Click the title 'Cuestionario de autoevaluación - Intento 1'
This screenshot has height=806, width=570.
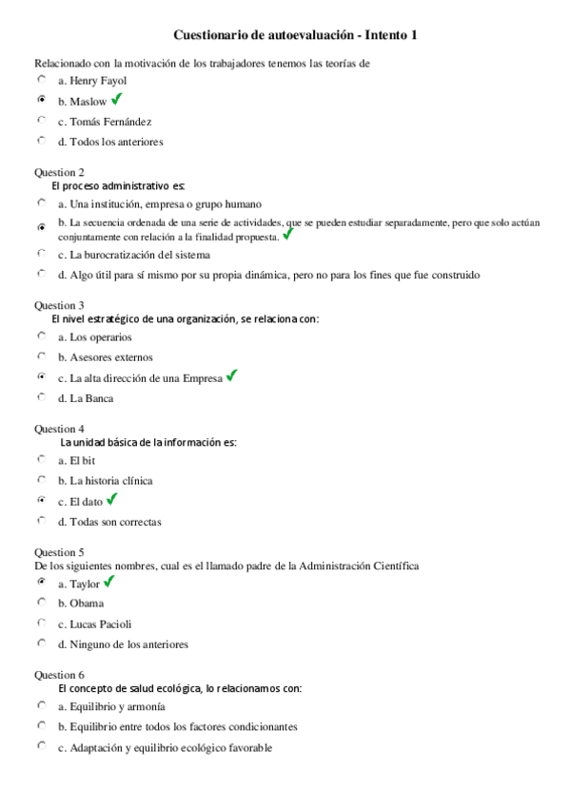click(296, 35)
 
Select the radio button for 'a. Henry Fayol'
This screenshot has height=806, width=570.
click(41, 80)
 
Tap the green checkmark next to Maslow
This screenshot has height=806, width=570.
click(117, 99)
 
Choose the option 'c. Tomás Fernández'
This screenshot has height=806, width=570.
click(104, 122)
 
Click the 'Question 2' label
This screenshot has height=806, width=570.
click(59, 173)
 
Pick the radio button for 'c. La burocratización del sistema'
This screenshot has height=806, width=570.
click(41, 254)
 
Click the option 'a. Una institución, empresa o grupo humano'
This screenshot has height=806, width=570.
click(159, 203)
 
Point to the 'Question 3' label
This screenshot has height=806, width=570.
click(59, 305)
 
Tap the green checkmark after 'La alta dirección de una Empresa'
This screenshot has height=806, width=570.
click(232, 376)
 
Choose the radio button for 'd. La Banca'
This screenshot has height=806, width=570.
click(41, 397)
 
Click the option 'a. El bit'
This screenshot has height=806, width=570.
click(76, 460)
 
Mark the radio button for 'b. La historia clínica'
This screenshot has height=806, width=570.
click(41, 480)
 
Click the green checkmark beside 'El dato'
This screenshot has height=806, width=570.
click(111, 499)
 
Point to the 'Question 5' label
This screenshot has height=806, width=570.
click(59, 552)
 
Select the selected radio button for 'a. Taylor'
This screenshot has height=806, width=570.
click(41, 583)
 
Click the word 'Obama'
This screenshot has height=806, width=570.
click(87, 603)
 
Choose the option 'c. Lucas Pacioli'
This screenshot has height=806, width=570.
click(94, 624)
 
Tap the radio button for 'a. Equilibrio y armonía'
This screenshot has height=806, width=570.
click(41, 705)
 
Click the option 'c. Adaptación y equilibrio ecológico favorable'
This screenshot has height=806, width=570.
click(165, 747)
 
